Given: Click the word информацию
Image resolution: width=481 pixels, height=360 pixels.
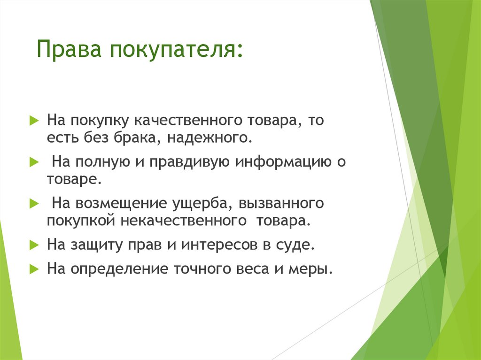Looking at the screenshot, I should [284, 162].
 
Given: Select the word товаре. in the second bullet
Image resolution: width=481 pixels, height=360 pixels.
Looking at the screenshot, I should [73, 179].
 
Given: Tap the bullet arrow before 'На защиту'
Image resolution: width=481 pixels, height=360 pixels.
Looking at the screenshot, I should [33, 245].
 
